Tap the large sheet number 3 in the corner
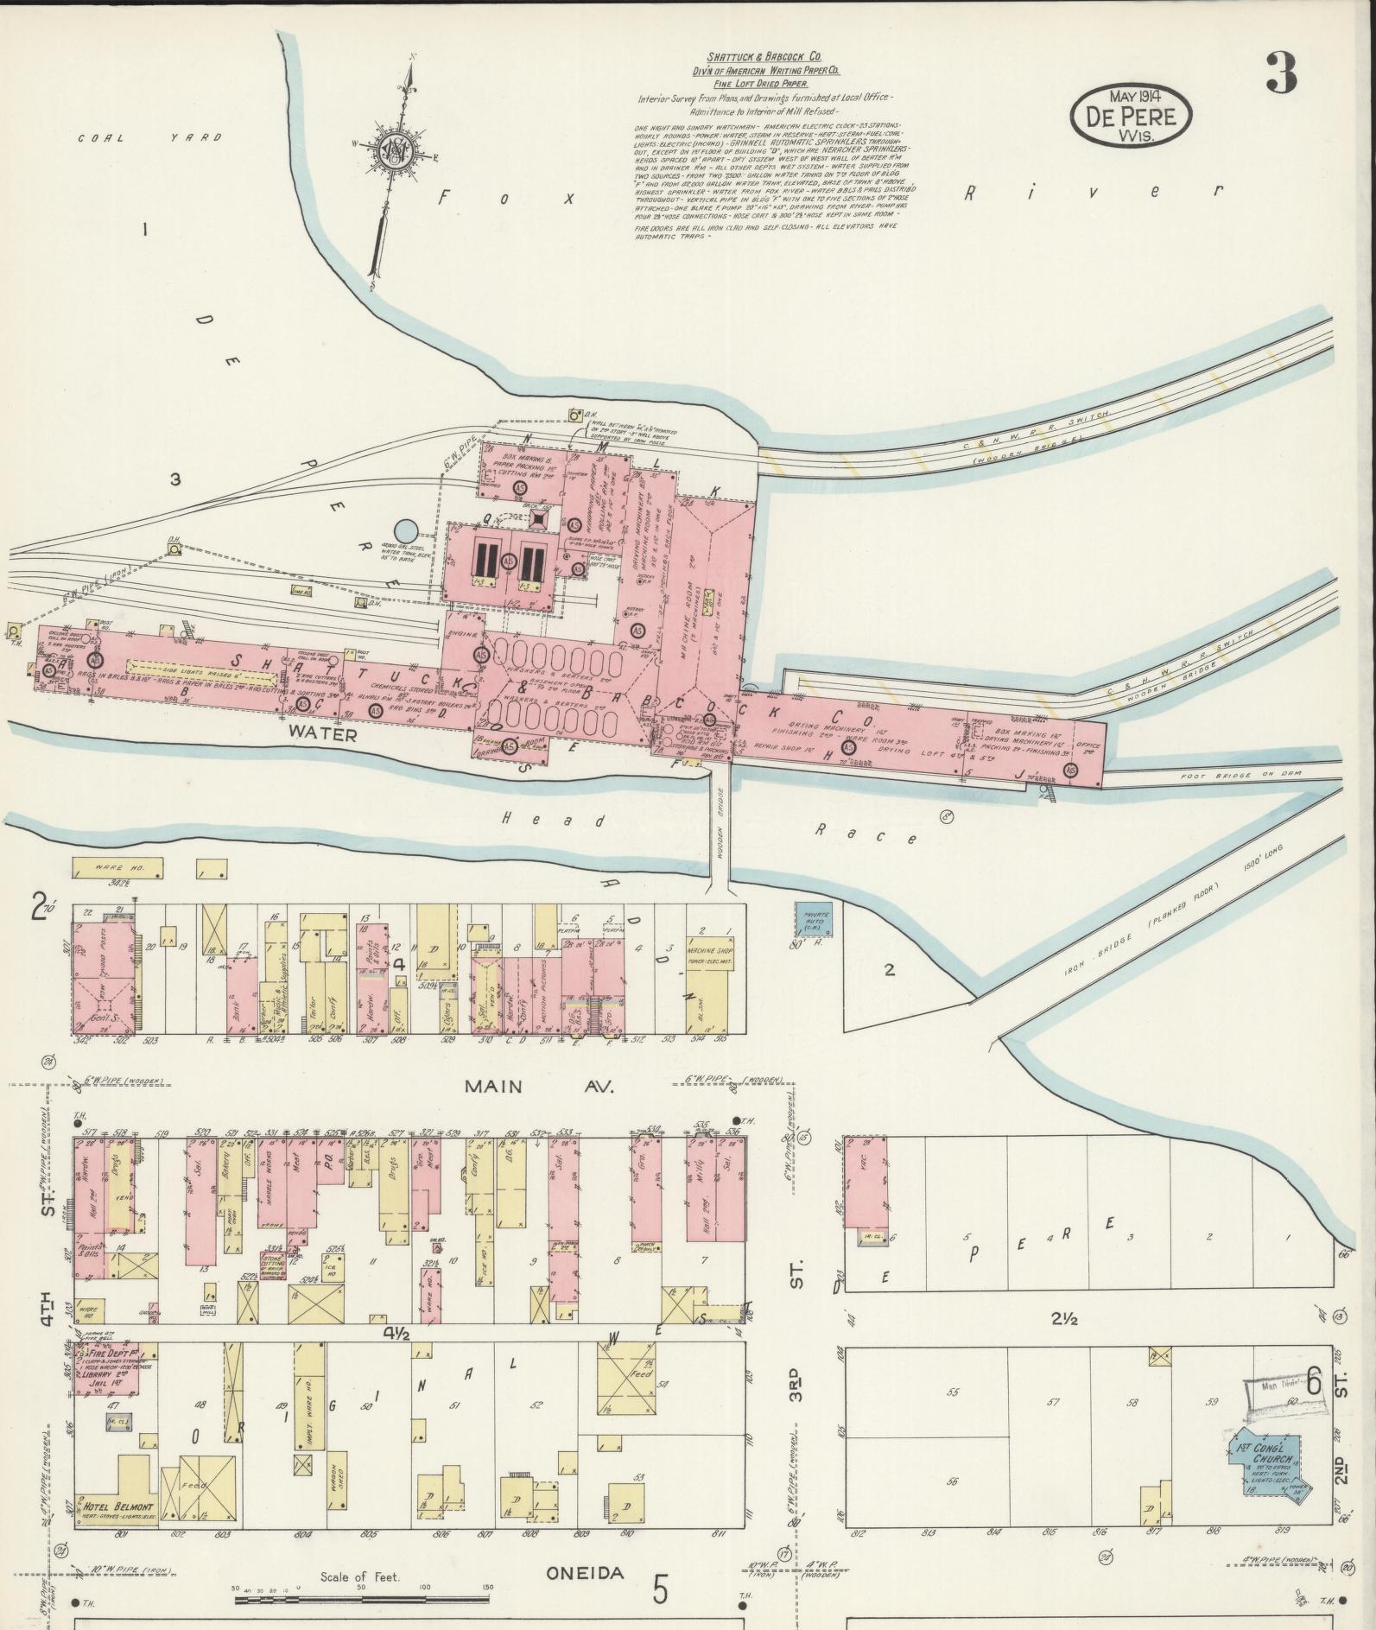(x=1281, y=73)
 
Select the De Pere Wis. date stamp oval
(x=1131, y=114)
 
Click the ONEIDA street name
(x=585, y=1572)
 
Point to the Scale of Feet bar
(x=360, y=1600)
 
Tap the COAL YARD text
(x=149, y=137)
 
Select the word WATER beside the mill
(x=323, y=735)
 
